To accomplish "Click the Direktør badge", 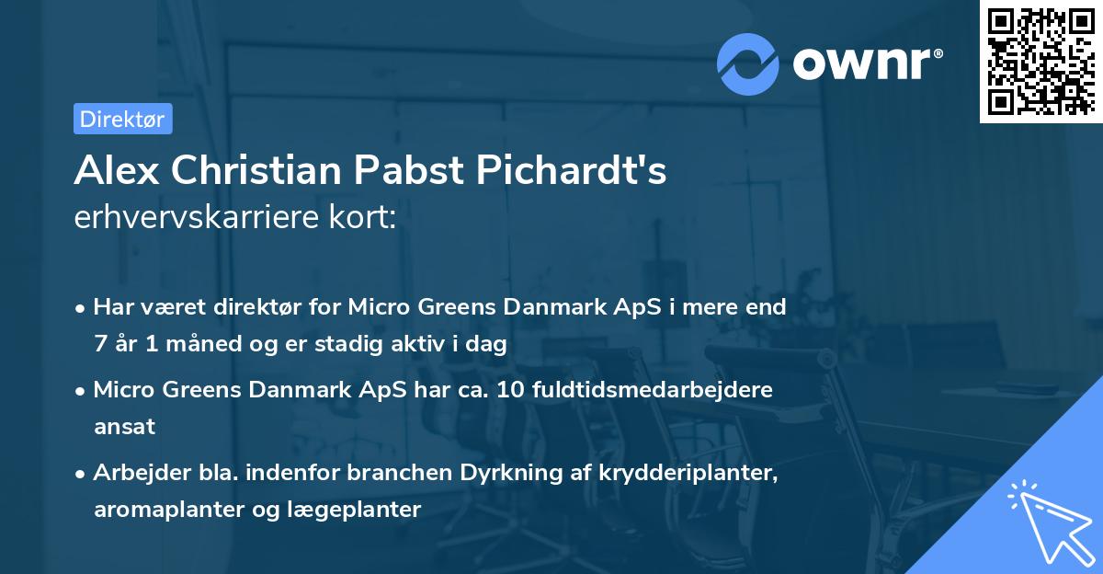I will [x=122, y=119].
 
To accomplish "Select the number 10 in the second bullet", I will [x=510, y=390].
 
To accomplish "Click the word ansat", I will [x=124, y=427].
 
